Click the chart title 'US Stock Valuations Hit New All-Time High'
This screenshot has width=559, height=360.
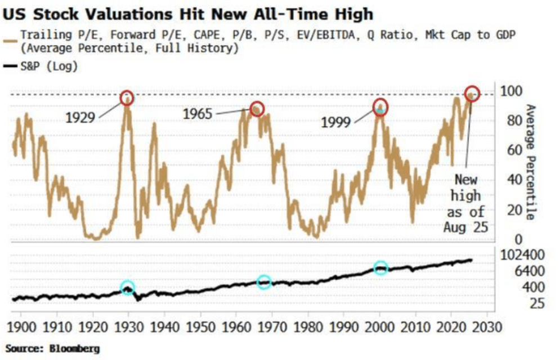point(188,15)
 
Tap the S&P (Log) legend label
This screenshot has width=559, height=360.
point(49,66)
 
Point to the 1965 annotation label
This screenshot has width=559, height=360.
point(197,114)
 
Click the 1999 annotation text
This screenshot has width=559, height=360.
point(336,123)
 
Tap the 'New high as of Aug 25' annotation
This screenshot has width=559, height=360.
point(466,203)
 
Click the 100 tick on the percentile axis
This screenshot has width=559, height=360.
point(512,91)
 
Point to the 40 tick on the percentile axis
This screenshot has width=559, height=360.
point(515,180)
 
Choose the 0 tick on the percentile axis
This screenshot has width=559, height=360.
point(518,240)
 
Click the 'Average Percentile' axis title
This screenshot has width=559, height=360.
point(530,162)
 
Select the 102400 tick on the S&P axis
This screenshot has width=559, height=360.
point(522,255)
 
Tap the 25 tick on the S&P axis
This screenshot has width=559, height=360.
point(537,303)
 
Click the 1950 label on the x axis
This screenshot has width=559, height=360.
point(201,327)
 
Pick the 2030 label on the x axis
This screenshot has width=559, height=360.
point(488,327)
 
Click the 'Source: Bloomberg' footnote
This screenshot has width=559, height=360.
point(52,348)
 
